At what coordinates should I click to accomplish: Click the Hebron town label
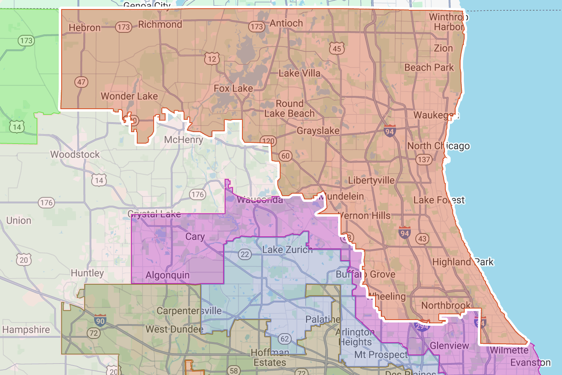coord(85,28)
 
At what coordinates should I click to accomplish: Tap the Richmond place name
coord(160,25)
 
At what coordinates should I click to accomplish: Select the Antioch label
coord(286,23)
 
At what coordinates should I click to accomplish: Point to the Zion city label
coord(443,48)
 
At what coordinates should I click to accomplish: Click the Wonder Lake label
coord(129,96)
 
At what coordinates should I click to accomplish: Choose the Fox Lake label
coord(233,89)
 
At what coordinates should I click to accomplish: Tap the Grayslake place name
coord(318,131)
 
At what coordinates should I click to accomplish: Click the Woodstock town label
coord(75,155)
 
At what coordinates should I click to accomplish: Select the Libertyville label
coord(371,181)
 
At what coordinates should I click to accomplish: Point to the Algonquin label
coord(168,275)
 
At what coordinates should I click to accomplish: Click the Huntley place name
coord(87,273)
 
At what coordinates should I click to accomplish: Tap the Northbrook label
coord(446,306)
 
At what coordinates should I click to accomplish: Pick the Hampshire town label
coord(26,330)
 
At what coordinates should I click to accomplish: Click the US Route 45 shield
coord(336,49)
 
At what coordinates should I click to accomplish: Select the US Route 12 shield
coord(212,59)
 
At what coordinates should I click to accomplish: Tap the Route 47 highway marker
coord(81,82)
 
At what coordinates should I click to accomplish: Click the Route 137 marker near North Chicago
coord(424,160)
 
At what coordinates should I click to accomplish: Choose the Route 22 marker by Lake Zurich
coord(245,254)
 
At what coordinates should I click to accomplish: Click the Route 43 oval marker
coord(422,238)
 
